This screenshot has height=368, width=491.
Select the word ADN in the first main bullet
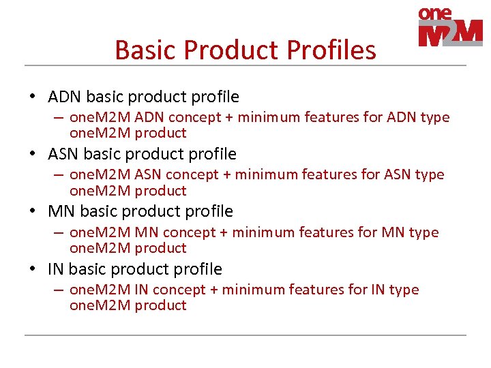[x=65, y=97]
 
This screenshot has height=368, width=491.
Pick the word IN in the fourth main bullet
[x=56, y=269]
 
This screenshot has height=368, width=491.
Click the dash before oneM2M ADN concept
[x=59, y=117]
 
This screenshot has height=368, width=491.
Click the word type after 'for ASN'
[x=428, y=175]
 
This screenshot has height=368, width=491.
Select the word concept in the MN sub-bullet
[x=190, y=232]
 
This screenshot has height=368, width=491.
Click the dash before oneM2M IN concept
[x=59, y=290]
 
